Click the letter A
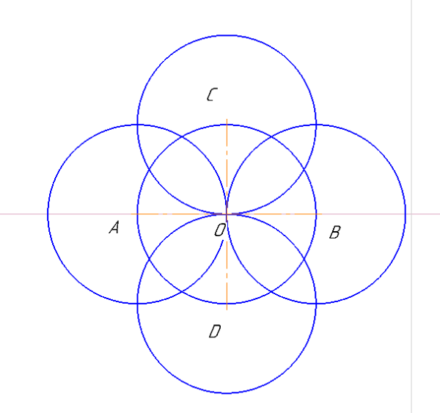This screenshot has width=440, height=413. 114,227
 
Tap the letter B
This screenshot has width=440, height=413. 335,233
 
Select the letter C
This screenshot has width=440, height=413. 212,95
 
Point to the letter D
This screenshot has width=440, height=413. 215,331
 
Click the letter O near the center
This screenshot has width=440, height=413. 220,230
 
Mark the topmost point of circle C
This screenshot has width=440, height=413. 227,35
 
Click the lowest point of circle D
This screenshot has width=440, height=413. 227,393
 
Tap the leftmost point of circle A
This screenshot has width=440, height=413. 48,214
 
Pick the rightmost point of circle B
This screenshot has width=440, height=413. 406,214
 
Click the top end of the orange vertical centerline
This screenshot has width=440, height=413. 227,119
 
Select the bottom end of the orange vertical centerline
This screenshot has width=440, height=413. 227,310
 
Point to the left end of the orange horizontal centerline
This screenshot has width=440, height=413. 131,214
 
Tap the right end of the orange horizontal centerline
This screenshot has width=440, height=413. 322,214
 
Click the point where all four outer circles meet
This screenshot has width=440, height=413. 227,214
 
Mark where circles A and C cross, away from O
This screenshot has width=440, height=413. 137,125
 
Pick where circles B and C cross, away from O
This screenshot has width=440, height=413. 316,125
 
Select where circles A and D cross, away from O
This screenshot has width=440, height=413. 137,304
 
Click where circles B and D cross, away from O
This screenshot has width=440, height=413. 316,304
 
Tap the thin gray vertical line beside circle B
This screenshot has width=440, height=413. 411,206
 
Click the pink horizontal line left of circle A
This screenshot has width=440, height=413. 24,214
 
